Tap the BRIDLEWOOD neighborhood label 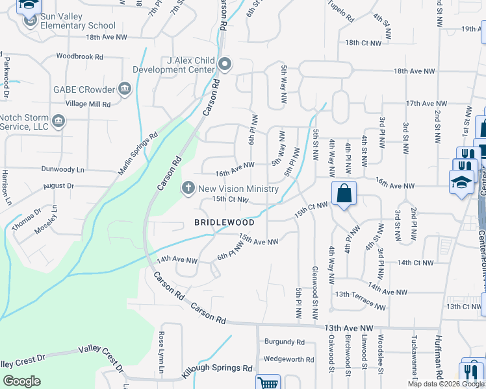224,222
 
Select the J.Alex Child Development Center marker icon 225,64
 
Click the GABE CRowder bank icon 125,89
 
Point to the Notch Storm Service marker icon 58,121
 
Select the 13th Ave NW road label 350,329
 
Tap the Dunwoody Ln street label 62,169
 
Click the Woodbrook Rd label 81,56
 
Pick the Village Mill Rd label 88,104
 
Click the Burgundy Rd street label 284,342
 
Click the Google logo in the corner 21,381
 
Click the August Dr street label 59,186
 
